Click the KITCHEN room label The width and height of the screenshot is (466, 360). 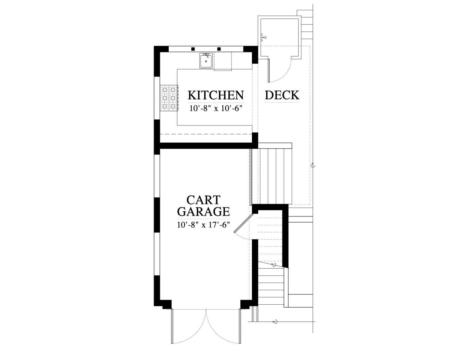click(x=216, y=95)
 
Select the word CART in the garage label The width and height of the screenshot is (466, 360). click(x=203, y=200)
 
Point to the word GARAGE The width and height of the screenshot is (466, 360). click(x=203, y=211)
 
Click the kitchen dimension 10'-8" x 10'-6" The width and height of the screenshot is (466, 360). click(x=216, y=108)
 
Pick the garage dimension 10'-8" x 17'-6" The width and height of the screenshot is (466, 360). click(x=203, y=225)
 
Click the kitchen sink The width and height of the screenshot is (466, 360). click(x=206, y=61)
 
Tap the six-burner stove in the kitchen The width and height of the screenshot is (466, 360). click(x=169, y=98)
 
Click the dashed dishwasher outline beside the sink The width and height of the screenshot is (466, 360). click(x=223, y=61)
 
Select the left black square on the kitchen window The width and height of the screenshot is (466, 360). click(x=193, y=49)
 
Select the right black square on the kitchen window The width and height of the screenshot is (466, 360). click(x=219, y=49)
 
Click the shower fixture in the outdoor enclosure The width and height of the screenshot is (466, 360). click(x=263, y=38)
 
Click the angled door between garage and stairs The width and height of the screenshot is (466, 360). click(x=243, y=223)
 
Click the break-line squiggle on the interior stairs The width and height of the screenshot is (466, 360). click(x=274, y=265)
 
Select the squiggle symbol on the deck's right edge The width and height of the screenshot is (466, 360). click(x=313, y=165)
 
